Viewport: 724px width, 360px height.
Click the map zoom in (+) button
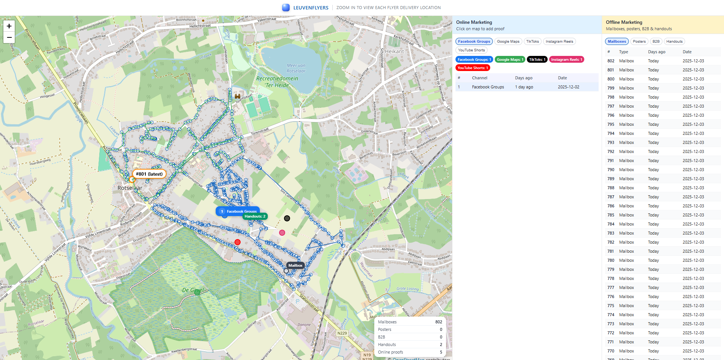click(9, 26)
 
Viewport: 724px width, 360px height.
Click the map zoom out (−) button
click(9, 37)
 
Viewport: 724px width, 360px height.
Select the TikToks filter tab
click(533, 42)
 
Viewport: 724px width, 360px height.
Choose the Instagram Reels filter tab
click(559, 42)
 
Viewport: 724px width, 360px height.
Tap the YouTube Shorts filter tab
click(471, 50)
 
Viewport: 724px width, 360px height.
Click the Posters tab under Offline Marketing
click(639, 42)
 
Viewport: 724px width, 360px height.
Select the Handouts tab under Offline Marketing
click(674, 42)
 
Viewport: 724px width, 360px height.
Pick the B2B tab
click(656, 42)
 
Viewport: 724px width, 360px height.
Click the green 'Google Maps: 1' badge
click(509, 60)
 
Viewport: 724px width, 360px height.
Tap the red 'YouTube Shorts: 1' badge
click(472, 68)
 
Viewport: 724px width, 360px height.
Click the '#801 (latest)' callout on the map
click(149, 174)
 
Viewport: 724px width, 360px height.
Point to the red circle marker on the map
click(238, 242)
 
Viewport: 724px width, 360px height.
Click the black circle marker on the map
click(287, 218)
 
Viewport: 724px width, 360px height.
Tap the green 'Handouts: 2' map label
click(255, 216)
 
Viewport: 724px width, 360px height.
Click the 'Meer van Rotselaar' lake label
click(296, 68)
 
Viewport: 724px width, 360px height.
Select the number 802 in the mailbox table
click(611, 61)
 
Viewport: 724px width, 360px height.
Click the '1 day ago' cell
click(524, 87)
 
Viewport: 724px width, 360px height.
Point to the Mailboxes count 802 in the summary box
click(438, 322)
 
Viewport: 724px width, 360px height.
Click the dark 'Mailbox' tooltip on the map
click(295, 266)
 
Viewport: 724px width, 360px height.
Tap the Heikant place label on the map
click(394, 51)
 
